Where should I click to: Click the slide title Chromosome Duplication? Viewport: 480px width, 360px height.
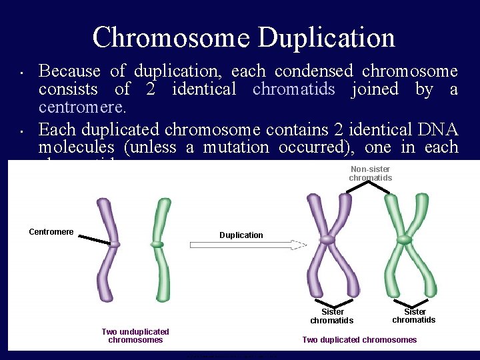click(243, 37)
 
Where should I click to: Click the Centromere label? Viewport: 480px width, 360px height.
click(51, 232)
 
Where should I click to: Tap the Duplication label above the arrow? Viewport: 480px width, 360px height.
click(241, 235)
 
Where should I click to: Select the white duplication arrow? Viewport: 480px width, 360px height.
click(247, 245)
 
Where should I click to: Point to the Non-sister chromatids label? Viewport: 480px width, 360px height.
click(370, 174)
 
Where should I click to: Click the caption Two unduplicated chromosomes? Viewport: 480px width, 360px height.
click(135, 336)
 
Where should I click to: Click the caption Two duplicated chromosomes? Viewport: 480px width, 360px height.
click(359, 340)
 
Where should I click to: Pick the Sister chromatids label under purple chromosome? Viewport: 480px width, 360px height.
click(332, 316)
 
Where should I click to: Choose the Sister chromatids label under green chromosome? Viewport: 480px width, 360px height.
click(414, 315)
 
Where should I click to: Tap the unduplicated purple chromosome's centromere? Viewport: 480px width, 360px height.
click(115, 245)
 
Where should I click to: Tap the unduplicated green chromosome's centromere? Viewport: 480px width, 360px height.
click(157, 245)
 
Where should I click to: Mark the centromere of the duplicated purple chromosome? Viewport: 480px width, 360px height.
click(327, 239)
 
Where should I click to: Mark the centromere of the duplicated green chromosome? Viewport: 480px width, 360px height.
click(403, 239)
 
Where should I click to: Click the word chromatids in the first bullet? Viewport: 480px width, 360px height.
click(294, 89)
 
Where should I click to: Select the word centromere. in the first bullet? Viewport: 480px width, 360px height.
click(83, 107)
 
